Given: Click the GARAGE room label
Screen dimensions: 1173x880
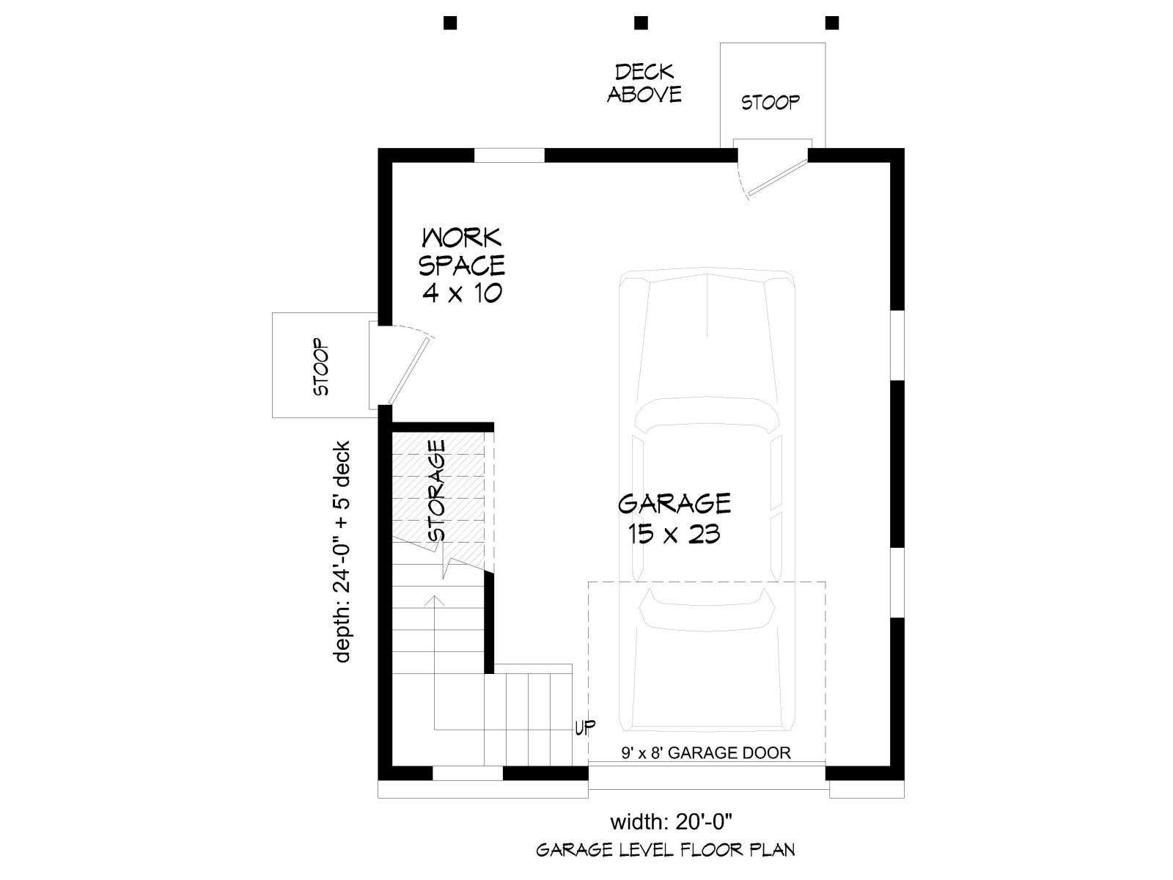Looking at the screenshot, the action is (x=674, y=503).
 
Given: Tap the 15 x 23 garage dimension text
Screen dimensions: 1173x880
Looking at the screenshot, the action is (x=674, y=535).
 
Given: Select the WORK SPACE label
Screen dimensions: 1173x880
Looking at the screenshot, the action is (x=462, y=252).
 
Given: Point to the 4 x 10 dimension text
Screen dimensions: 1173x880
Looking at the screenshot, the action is (x=462, y=293).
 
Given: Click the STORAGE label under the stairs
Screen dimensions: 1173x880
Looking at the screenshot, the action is (x=437, y=491).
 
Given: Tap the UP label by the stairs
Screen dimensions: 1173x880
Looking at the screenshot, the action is (x=585, y=727).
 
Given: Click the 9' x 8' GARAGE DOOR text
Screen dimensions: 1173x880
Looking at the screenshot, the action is (x=705, y=753).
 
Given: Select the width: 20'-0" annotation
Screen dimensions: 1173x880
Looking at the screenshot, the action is (x=670, y=822).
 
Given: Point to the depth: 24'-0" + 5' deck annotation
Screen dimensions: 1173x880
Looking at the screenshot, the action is (x=342, y=551).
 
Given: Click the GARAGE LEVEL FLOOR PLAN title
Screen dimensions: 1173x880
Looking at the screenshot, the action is (x=666, y=849).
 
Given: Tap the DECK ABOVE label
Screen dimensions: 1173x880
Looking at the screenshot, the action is (x=644, y=84).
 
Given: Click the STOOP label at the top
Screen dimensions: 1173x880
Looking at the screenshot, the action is (x=770, y=102).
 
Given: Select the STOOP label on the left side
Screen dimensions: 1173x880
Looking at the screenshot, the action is (x=320, y=367).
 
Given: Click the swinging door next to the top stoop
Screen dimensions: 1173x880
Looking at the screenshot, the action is (x=777, y=177).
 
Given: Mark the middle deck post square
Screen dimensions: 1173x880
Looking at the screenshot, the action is (x=641, y=23).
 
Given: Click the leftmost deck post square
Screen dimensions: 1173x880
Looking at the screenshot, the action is (x=450, y=23).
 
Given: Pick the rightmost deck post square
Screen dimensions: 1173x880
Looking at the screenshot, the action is (x=832, y=23).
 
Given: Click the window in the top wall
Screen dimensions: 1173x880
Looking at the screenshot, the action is (x=510, y=155).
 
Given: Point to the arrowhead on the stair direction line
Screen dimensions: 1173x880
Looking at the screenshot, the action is (x=437, y=600).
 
